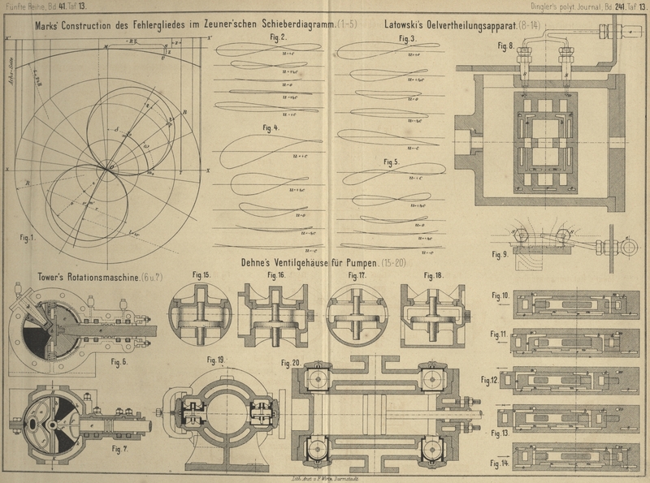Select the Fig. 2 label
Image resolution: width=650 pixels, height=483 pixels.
click(276, 38)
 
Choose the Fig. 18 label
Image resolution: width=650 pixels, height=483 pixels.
click(433, 275)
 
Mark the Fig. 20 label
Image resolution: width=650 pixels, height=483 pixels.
click(290, 362)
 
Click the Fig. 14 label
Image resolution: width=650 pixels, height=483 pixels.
click(499, 463)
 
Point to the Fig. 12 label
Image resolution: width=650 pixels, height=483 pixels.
click(491, 379)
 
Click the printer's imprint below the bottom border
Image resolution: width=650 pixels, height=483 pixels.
click(324, 478)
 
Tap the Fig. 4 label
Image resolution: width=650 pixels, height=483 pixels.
click(271, 127)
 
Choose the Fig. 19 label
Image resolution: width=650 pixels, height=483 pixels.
click(217, 359)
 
